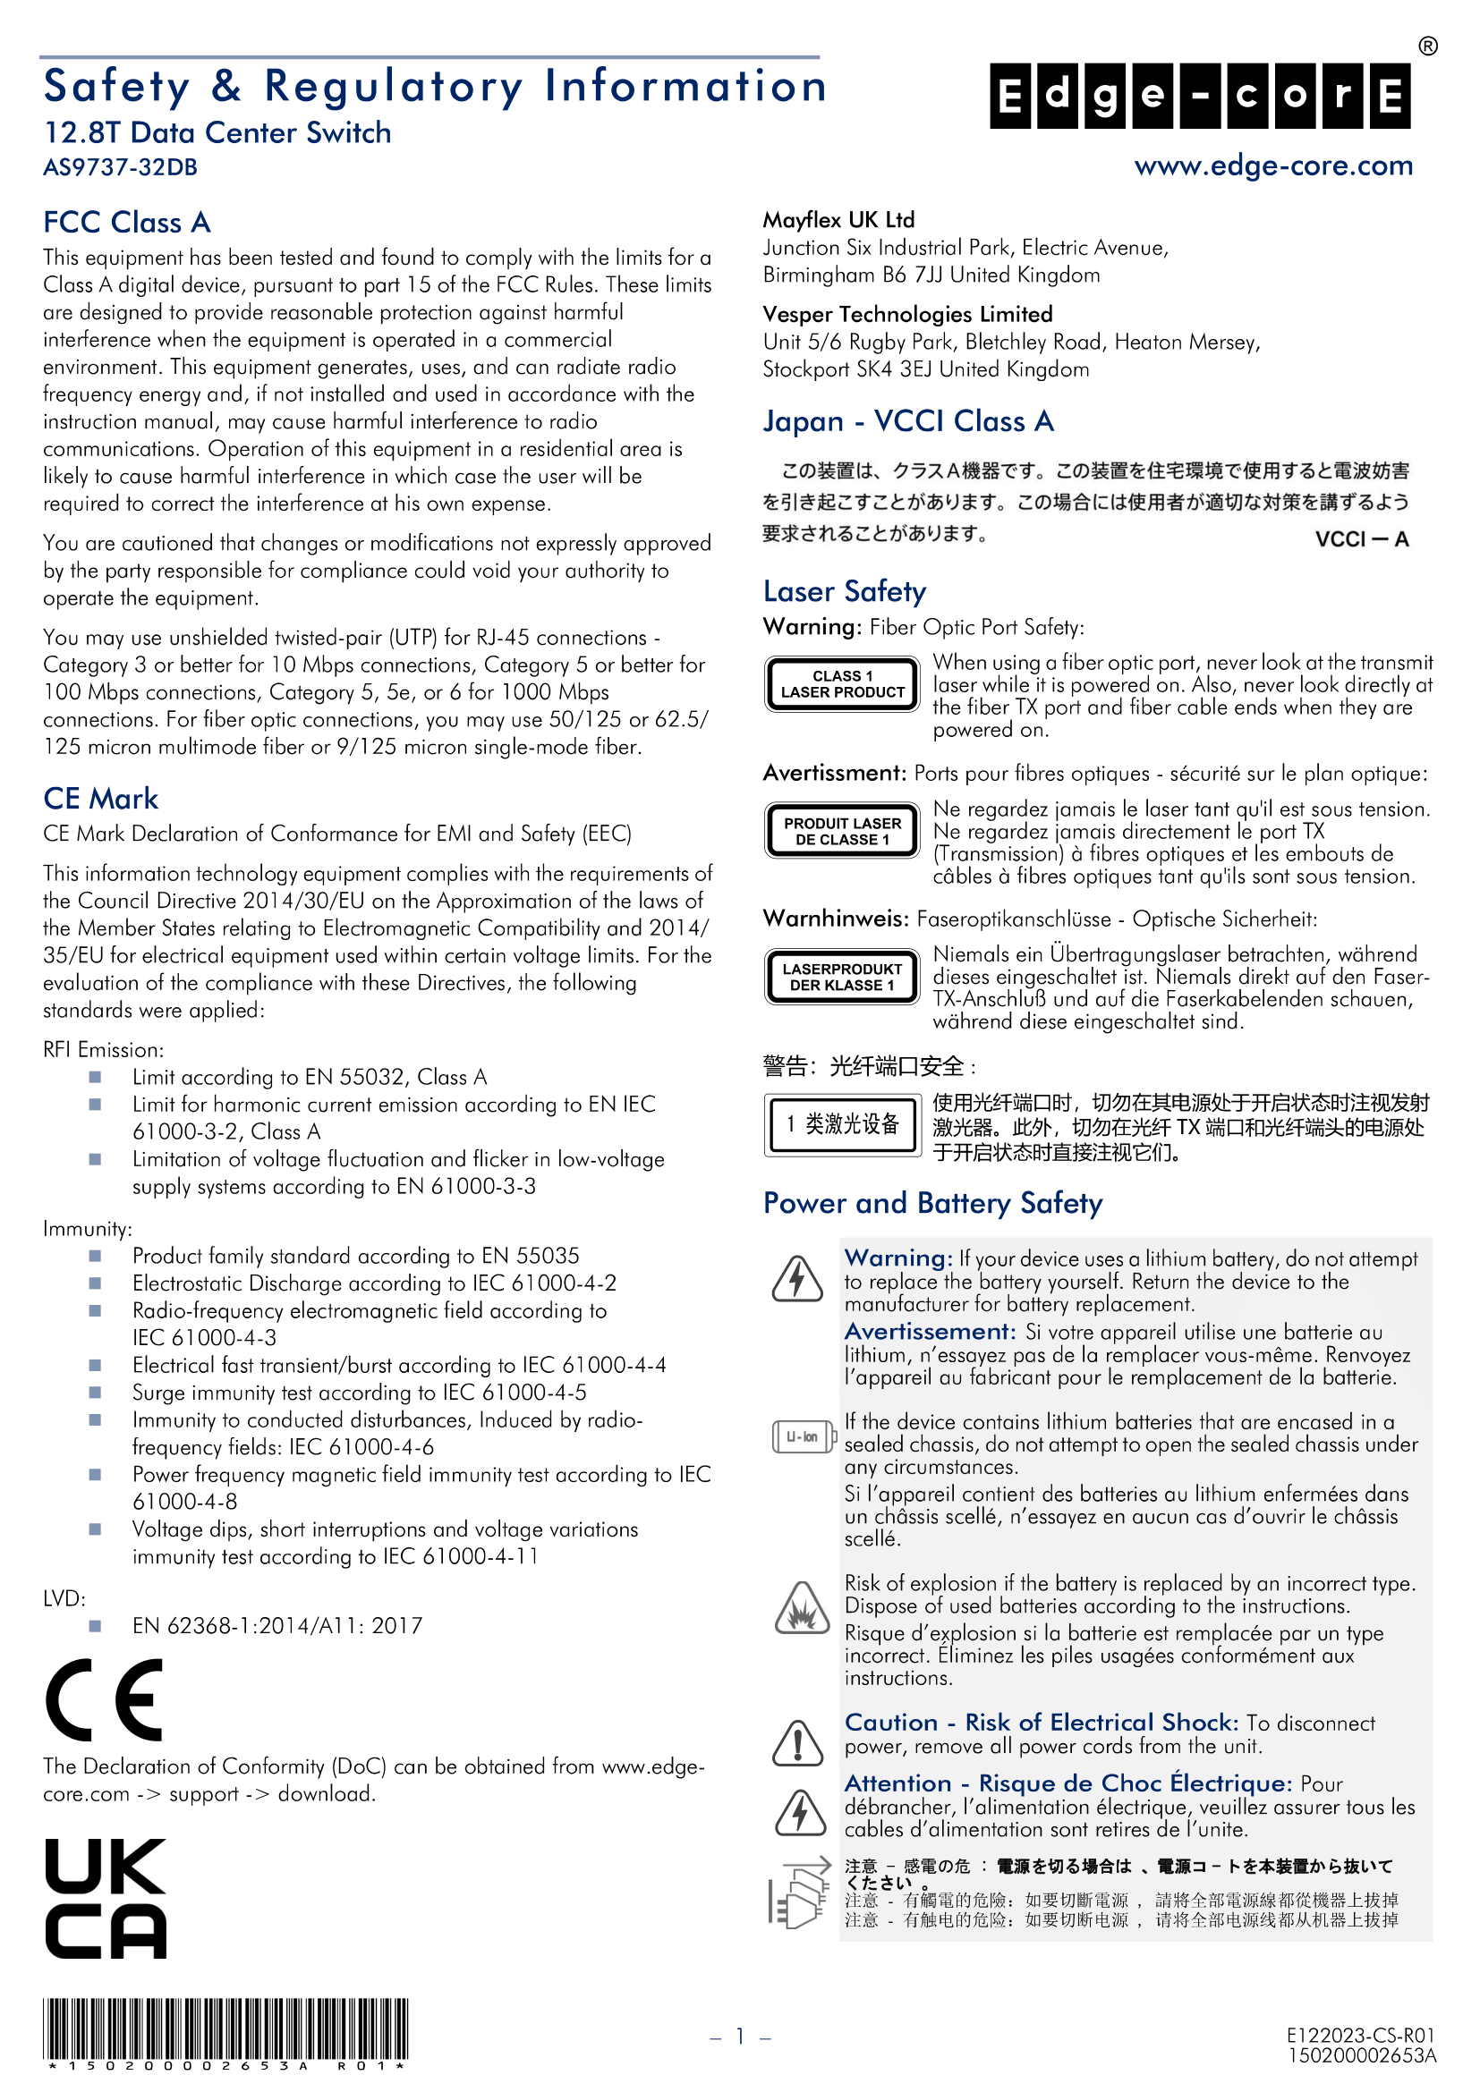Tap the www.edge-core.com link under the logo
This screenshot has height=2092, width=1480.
point(1273,165)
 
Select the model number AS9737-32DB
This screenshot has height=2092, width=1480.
point(120,167)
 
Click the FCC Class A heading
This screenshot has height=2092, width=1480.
point(127,223)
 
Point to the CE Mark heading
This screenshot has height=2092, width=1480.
point(100,799)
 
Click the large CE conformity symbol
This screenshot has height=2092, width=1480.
point(105,1699)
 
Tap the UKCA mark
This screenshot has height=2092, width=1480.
point(106,1898)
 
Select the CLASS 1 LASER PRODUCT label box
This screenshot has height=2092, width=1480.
point(842,684)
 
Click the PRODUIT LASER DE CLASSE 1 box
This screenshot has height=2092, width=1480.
point(842,831)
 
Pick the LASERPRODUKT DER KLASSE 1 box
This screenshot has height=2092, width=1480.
point(842,977)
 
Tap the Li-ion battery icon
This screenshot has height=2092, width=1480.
point(803,1437)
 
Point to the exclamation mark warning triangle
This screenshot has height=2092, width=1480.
point(798,1744)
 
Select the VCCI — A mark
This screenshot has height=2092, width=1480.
point(1362,539)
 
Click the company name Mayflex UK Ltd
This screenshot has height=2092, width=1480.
point(838,220)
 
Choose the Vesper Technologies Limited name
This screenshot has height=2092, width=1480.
point(907,314)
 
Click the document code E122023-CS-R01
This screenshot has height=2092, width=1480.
point(1361,2036)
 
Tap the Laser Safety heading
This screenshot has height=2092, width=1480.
point(845,591)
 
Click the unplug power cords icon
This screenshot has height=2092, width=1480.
point(798,1893)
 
